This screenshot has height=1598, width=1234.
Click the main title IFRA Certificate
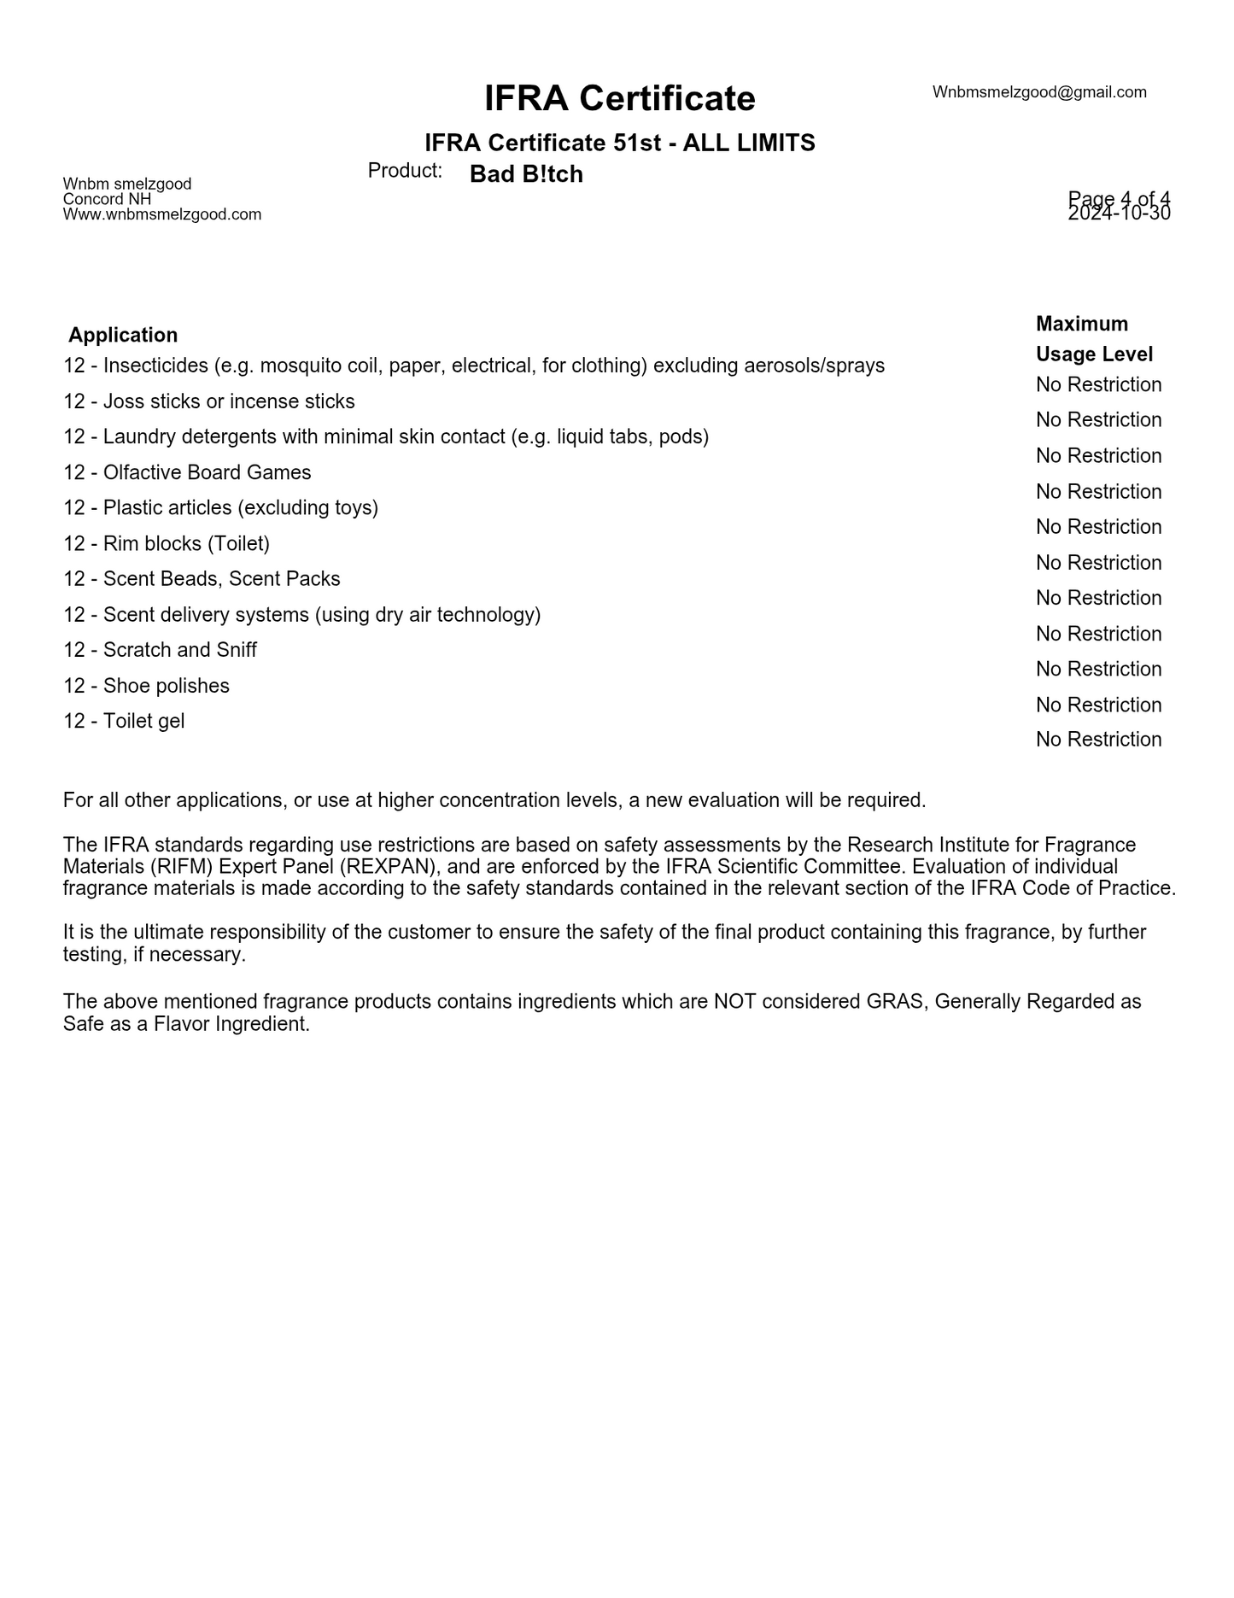pyautogui.click(x=619, y=98)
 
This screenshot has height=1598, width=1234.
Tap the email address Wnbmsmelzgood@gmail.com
pyautogui.click(x=1038, y=92)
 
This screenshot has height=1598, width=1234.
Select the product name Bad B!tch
pyautogui.click(x=526, y=174)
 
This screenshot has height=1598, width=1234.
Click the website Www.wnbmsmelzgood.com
pyautogui.click(x=162, y=214)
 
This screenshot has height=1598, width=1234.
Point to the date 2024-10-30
pyautogui.click(x=1119, y=214)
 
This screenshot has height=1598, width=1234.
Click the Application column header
pyautogui.click(x=123, y=335)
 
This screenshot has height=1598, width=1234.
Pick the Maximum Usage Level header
pyautogui.click(x=1094, y=339)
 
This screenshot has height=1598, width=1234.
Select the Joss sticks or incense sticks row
pyautogui.click(x=209, y=401)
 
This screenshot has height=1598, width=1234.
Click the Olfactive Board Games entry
pyautogui.click(x=187, y=472)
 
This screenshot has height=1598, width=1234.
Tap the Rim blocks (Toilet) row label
pyautogui.click(x=167, y=543)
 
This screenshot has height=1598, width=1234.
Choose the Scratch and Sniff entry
pyautogui.click(x=160, y=650)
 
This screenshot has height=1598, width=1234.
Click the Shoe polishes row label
pyautogui.click(x=146, y=686)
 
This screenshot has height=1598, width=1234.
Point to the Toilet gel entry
pyautogui.click(x=124, y=721)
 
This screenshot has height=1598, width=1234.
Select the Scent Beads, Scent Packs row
pyautogui.click(x=202, y=579)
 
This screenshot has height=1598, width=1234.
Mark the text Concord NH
pyautogui.click(x=107, y=199)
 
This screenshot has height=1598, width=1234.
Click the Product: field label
pyautogui.click(x=405, y=171)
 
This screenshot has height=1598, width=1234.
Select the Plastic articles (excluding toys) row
pyautogui.click(x=220, y=508)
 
